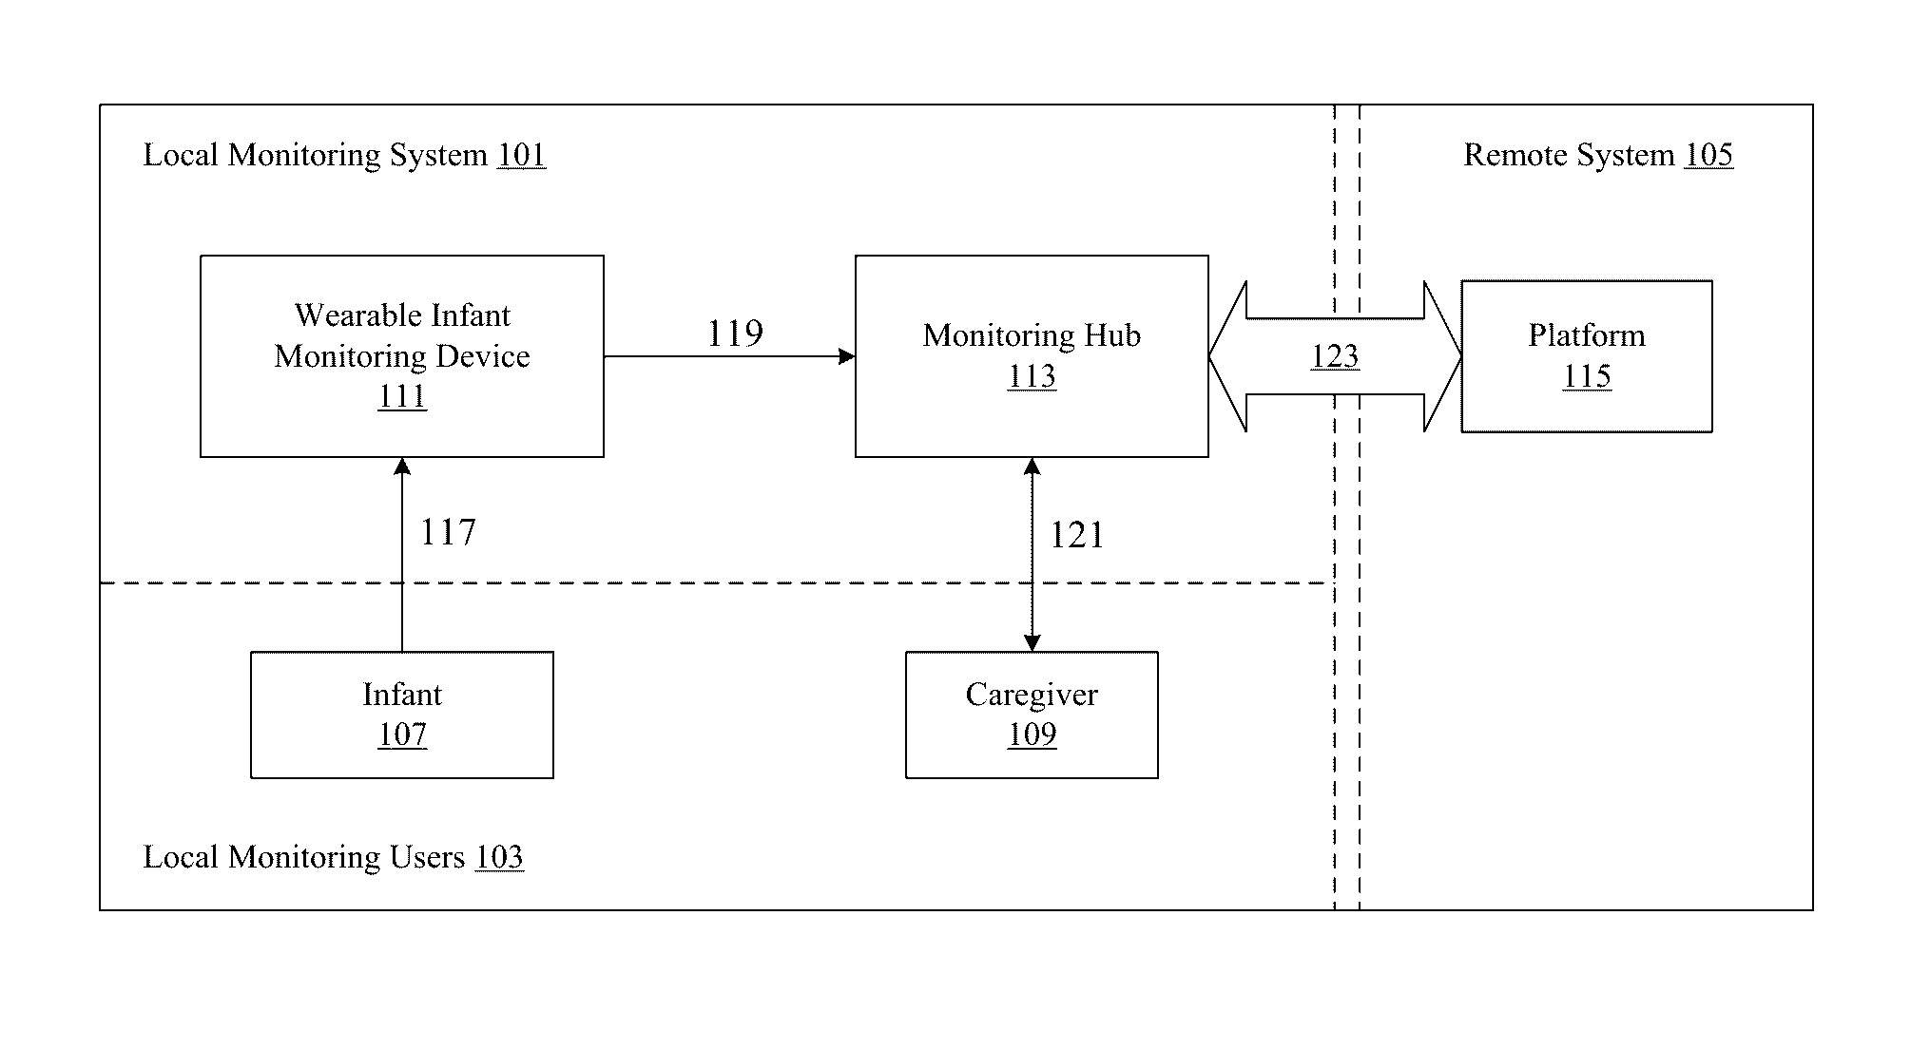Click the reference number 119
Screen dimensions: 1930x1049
[x=735, y=334]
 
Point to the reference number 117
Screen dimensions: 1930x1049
[x=448, y=532]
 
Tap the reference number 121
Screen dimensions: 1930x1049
[x=1077, y=536]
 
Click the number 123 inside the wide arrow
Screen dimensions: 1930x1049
[x=1335, y=356]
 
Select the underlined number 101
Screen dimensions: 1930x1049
[x=522, y=155]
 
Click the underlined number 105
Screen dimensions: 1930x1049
[x=1708, y=155]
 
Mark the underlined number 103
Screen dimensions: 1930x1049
[x=499, y=857]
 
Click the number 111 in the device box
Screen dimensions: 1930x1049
[x=402, y=395]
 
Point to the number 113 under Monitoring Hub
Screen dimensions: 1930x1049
[x=1032, y=376]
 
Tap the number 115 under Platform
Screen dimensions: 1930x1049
[x=1587, y=376]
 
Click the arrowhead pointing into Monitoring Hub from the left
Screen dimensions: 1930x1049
[x=847, y=356]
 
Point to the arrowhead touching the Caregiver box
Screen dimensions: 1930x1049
[x=1032, y=642]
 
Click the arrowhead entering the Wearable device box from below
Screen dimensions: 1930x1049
[x=402, y=467]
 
